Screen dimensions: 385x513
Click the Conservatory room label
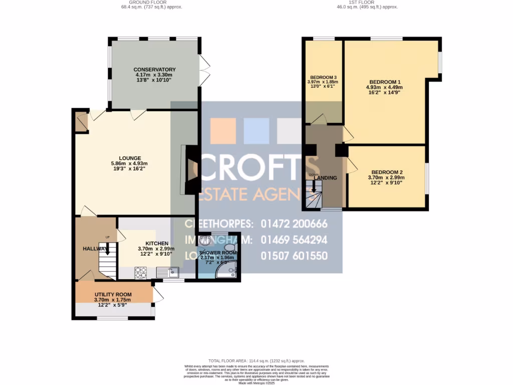154,70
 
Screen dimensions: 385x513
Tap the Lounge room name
129,158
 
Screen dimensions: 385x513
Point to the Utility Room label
113,294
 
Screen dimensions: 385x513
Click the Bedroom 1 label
385,82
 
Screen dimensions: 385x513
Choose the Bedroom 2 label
385,172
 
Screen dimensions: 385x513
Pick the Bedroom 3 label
323,77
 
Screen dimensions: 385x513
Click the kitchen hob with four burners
141,272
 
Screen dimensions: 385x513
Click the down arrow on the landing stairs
314,186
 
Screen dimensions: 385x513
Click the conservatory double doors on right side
204,70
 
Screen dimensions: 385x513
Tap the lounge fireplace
191,169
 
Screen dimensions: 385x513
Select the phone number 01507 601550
294,256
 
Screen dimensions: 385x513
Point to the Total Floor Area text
256,361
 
